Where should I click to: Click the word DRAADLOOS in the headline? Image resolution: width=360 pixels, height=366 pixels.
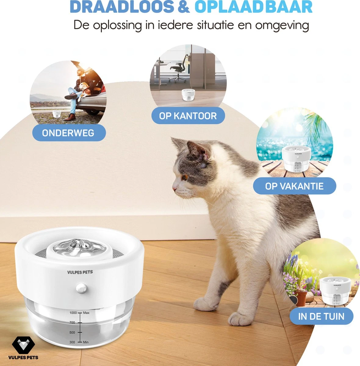(x=122, y=7)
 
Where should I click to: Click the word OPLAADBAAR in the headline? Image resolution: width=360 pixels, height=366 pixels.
(x=254, y=7)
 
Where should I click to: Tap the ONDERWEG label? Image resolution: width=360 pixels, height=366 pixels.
(x=69, y=133)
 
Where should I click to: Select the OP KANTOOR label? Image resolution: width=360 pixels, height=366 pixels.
(x=188, y=116)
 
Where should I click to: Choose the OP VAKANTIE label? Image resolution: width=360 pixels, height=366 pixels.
(x=294, y=186)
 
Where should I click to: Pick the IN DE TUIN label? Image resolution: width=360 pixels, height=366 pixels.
(x=321, y=316)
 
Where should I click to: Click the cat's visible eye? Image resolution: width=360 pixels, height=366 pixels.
(x=185, y=177)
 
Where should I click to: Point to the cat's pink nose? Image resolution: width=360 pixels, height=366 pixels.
(x=174, y=189)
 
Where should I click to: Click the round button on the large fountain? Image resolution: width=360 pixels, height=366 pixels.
(x=82, y=288)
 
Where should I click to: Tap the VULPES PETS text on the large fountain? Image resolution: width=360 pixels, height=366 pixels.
(x=80, y=272)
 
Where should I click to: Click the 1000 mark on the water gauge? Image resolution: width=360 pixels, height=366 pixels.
(x=73, y=313)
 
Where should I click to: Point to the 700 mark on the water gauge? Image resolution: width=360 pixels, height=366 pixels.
(x=72, y=322)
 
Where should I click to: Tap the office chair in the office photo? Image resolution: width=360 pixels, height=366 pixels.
(x=178, y=69)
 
